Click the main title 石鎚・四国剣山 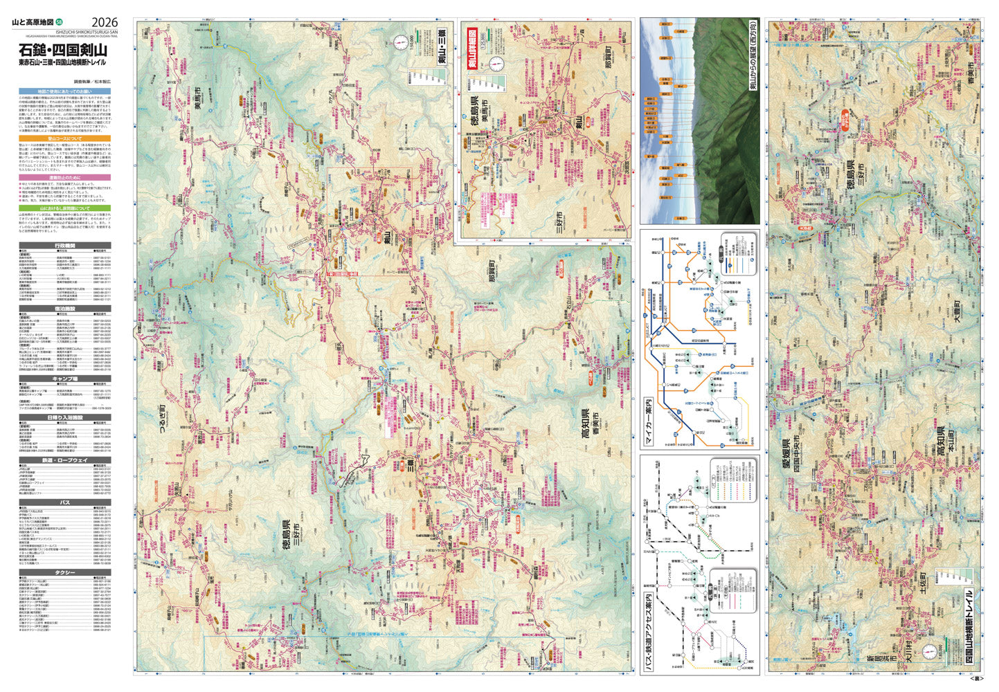point(63,50)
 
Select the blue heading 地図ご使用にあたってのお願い point(64,91)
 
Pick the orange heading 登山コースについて point(64,138)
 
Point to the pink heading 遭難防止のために point(64,178)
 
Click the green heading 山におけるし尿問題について point(64,208)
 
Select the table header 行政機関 point(64,246)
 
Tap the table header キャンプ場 point(64,379)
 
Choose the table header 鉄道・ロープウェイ point(64,460)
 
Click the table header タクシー point(64,574)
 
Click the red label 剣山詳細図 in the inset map point(473,51)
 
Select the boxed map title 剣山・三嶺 point(441,46)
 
